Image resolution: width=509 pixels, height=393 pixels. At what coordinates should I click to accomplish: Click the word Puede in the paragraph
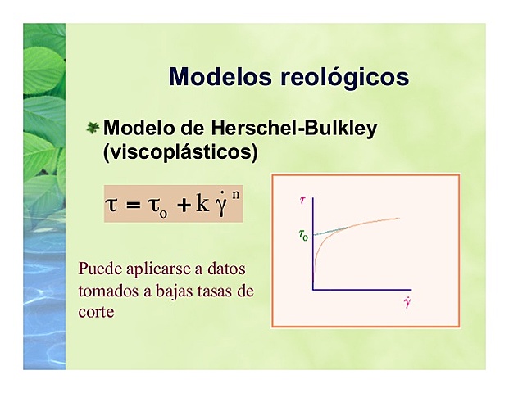point(97,269)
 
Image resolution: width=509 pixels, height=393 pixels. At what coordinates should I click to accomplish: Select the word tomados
point(107,291)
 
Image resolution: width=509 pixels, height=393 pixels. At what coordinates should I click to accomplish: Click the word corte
point(96,312)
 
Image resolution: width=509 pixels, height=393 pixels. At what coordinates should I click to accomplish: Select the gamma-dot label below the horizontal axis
point(407,303)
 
